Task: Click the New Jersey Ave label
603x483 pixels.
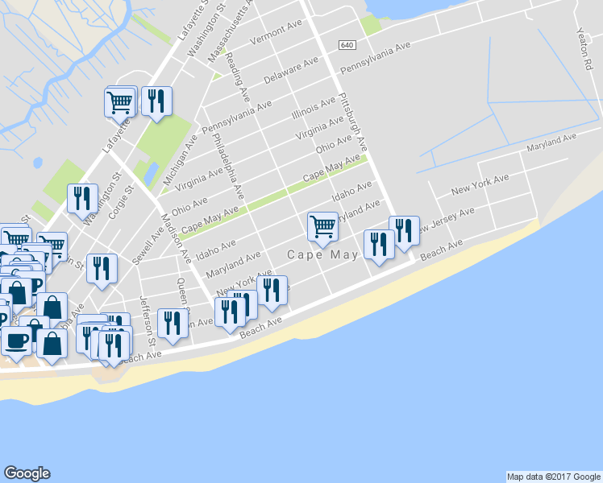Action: pyautogui.click(x=443, y=223)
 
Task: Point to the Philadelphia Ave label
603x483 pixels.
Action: pyautogui.click(x=228, y=164)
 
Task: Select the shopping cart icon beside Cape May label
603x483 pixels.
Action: pyautogui.click(x=322, y=227)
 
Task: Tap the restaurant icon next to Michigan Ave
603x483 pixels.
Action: pyautogui.click(x=156, y=101)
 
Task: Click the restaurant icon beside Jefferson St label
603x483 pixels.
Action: pyautogui.click(x=173, y=324)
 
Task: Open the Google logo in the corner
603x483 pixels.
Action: pyautogui.click(x=27, y=473)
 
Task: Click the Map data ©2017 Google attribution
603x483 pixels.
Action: pyautogui.click(x=553, y=477)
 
